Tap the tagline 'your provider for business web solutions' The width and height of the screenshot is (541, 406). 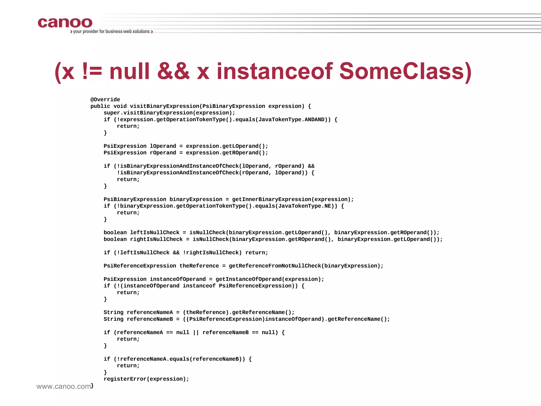[111, 31]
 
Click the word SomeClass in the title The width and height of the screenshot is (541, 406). [402, 71]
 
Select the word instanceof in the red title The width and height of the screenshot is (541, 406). [275, 71]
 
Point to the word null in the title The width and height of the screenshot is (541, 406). [129, 71]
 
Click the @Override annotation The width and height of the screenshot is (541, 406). [105, 100]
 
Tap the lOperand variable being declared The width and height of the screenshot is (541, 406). [163, 146]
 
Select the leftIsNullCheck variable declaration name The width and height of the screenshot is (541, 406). [155, 233]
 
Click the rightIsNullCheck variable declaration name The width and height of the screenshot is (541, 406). [156, 239]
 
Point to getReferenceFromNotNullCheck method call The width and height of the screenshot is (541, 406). [275, 266]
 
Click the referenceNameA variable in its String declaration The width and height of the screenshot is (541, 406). [150, 312]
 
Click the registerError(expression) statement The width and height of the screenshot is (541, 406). [146, 379]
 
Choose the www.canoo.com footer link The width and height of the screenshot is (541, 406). [64, 386]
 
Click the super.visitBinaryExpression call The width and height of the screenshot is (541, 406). [169, 113]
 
